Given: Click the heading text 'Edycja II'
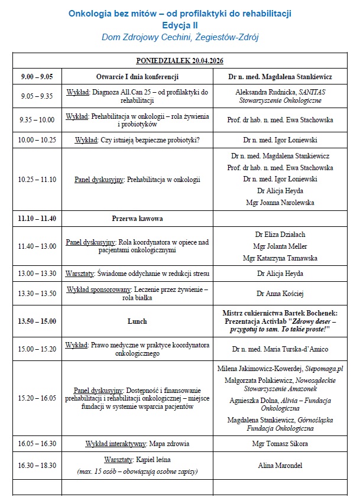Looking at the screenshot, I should [180, 25].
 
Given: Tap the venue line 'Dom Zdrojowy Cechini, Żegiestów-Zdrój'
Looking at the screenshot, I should [180, 37].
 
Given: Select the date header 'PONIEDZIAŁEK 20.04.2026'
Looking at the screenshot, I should [180, 61].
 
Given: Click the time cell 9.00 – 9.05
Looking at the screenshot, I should [37, 77].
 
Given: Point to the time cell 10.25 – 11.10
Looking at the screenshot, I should [37, 179].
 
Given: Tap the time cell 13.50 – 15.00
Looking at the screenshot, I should [37, 321].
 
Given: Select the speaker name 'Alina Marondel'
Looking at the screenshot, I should [280, 466].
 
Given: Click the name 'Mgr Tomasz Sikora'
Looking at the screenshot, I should [280, 444].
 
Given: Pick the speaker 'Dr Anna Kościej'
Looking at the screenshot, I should [280, 293].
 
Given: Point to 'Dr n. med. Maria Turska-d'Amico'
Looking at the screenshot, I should [280, 349].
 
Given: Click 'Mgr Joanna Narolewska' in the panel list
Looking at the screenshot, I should [280, 203].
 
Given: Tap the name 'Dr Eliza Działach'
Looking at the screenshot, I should [280, 235].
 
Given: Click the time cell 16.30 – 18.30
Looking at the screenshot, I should [37, 466].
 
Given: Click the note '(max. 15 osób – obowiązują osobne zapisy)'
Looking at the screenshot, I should [137, 472].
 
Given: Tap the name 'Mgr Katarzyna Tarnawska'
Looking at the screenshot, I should [280, 258].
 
